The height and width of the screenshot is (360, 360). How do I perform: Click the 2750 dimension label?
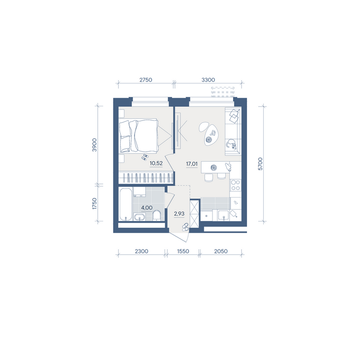146,80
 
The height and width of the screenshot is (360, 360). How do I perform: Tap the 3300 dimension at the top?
208,80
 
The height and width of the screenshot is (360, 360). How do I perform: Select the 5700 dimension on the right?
260,164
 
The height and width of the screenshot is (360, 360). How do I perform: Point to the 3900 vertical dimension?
94,145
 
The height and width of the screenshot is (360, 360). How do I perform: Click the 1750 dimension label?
94,203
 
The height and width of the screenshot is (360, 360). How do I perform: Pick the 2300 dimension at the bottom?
141,251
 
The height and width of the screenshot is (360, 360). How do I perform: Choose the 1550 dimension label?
183,251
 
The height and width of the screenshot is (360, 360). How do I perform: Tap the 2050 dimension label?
221,251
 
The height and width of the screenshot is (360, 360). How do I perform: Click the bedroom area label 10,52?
156,163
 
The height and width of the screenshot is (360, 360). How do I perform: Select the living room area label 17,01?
192,164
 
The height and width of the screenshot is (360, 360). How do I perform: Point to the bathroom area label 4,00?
147,208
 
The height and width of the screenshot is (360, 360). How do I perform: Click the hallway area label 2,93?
179,214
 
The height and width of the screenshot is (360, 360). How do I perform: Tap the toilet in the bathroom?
157,215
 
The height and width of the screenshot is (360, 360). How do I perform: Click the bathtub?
126,204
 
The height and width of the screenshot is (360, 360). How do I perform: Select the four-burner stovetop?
235,185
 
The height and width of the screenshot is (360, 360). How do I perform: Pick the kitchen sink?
223,216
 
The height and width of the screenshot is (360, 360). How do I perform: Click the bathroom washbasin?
139,217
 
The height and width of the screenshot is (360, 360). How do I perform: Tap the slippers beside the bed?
144,157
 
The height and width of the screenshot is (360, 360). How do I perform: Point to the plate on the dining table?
214,167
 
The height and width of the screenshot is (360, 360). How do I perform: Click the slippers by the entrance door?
185,227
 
